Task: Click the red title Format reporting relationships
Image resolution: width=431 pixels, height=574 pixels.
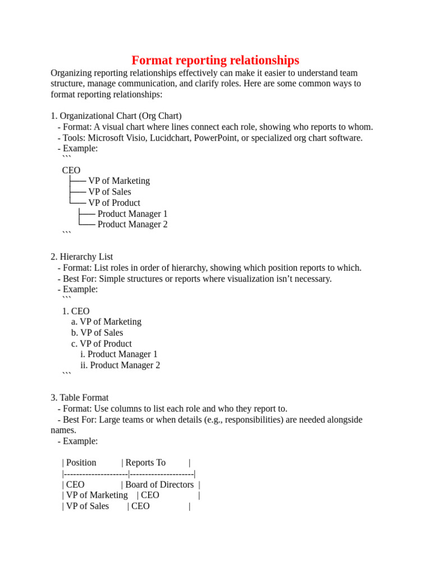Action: (215, 60)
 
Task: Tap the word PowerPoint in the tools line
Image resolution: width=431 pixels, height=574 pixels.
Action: (216, 138)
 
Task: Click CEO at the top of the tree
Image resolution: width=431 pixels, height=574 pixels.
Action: (71, 170)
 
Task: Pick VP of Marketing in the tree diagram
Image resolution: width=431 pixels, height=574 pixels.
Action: (119, 181)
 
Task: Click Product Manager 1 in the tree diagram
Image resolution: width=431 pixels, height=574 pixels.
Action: (132, 214)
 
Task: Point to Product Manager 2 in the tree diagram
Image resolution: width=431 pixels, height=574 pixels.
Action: (132, 224)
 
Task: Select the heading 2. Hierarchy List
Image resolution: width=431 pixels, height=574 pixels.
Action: (82, 257)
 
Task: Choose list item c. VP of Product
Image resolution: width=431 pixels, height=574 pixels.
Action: (102, 344)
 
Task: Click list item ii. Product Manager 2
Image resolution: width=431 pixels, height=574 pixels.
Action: (120, 365)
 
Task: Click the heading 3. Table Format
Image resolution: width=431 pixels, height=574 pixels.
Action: (80, 398)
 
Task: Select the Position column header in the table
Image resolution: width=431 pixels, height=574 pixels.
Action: (81, 462)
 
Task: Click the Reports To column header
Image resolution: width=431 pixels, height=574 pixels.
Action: (145, 462)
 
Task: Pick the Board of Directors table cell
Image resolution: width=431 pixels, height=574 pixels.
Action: (159, 484)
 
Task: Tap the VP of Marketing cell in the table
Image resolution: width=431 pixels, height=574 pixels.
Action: (97, 495)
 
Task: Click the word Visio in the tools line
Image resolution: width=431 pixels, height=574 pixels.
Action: (132, 138)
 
